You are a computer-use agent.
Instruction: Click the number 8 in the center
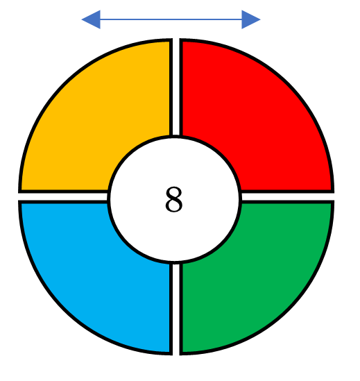tap(173, 200)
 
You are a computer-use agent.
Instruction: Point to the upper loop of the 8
tap(174, 193)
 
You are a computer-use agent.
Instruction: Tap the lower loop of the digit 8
tap(174, 206)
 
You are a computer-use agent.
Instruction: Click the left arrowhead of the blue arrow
tap(91, 19)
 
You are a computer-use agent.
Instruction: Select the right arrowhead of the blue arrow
tap(251, 19)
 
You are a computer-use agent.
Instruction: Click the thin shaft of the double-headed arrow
tap(171, 19)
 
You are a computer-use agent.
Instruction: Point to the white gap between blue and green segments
tap(176, 309)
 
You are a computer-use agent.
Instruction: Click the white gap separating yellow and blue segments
tap(63, 197)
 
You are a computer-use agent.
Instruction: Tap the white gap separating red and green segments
tap(288, 197)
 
